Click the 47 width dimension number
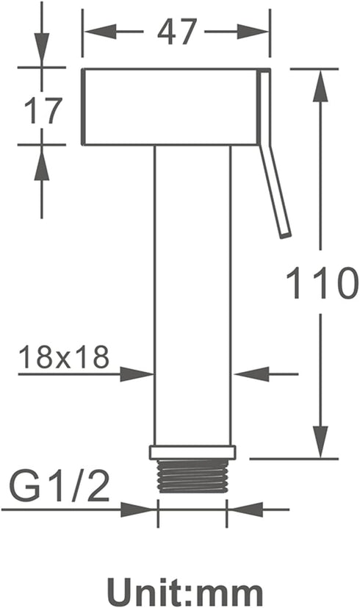tap(177, 32)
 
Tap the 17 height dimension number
tap(43, 110)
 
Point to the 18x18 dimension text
tap(64, 357)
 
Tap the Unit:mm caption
tap(185, 592)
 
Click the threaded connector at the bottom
tap(192, 476)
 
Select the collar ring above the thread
tap(192, 452)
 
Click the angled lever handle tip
tap(286, 234)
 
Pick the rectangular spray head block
tap(170, 107)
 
